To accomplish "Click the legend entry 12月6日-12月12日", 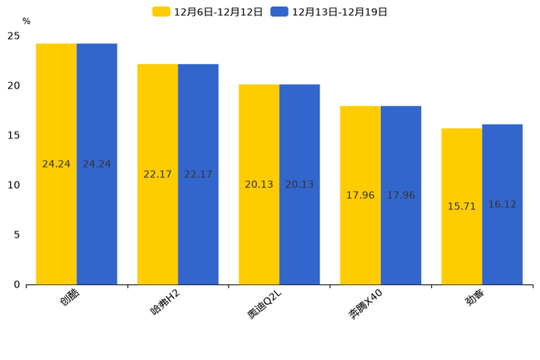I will pos(208,12).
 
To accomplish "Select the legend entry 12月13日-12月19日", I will pos(329,12).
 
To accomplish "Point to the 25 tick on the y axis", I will pos(14,36).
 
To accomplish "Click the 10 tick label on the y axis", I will pos(14,185).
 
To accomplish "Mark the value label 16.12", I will pos(502,205).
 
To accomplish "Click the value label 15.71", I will pos(462,206).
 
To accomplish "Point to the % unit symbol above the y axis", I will pos(26,21).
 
